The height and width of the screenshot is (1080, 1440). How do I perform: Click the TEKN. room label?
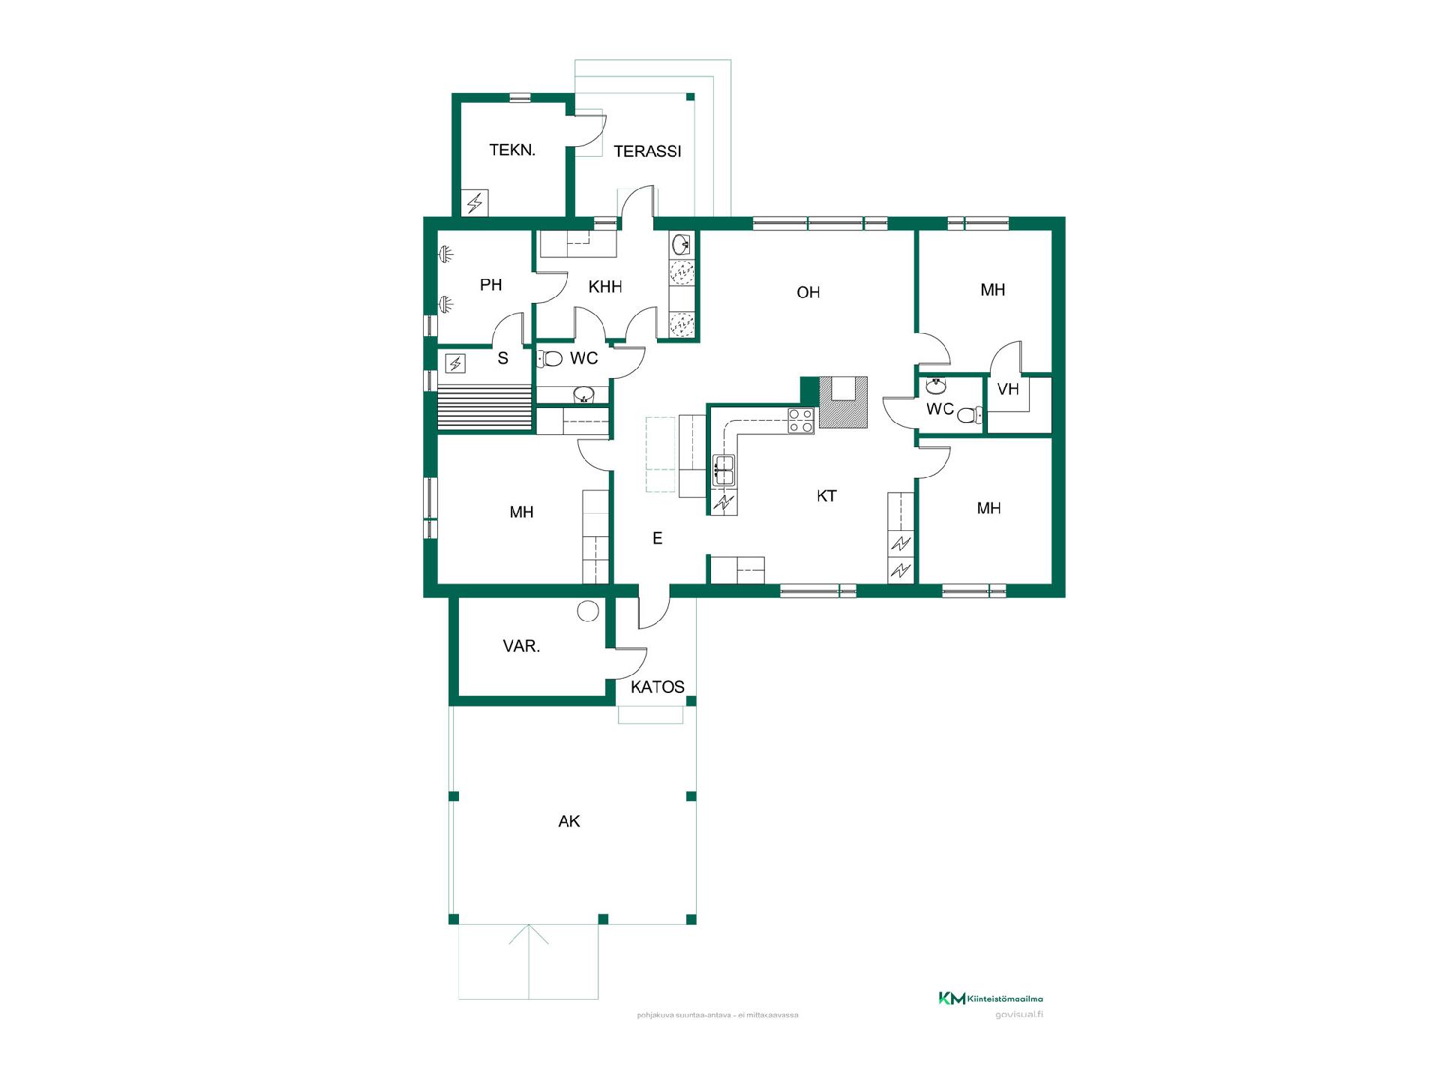coord(512,150)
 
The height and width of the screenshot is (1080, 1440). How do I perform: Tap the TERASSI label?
coord(647,151)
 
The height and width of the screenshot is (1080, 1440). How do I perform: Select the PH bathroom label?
coord(490,285)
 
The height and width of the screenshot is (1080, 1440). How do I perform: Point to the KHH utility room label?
coord(605,286)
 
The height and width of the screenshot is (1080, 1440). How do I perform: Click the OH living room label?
coord(808,292)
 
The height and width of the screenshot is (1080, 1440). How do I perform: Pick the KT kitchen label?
coord(826,496)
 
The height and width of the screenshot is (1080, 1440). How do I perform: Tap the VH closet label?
coord(1008,389)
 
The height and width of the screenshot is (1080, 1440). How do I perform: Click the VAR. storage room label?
coord(521,646)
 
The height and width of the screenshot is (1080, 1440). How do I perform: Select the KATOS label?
coord(657,687)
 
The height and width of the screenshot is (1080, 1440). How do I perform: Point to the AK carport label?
coord(569,821)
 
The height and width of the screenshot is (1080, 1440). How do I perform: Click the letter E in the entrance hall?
coord(658,538)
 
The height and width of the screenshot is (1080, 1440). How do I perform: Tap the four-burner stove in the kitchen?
coord(800,421)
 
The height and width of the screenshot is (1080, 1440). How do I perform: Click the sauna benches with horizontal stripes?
coord(484,407)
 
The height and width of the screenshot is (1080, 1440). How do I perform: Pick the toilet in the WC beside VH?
coord(970,415)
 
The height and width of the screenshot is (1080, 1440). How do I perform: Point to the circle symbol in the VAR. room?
coord(588,611)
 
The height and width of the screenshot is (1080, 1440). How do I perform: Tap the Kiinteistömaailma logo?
coord(991,998)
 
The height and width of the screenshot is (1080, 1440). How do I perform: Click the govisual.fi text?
coord(1019,1015)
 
